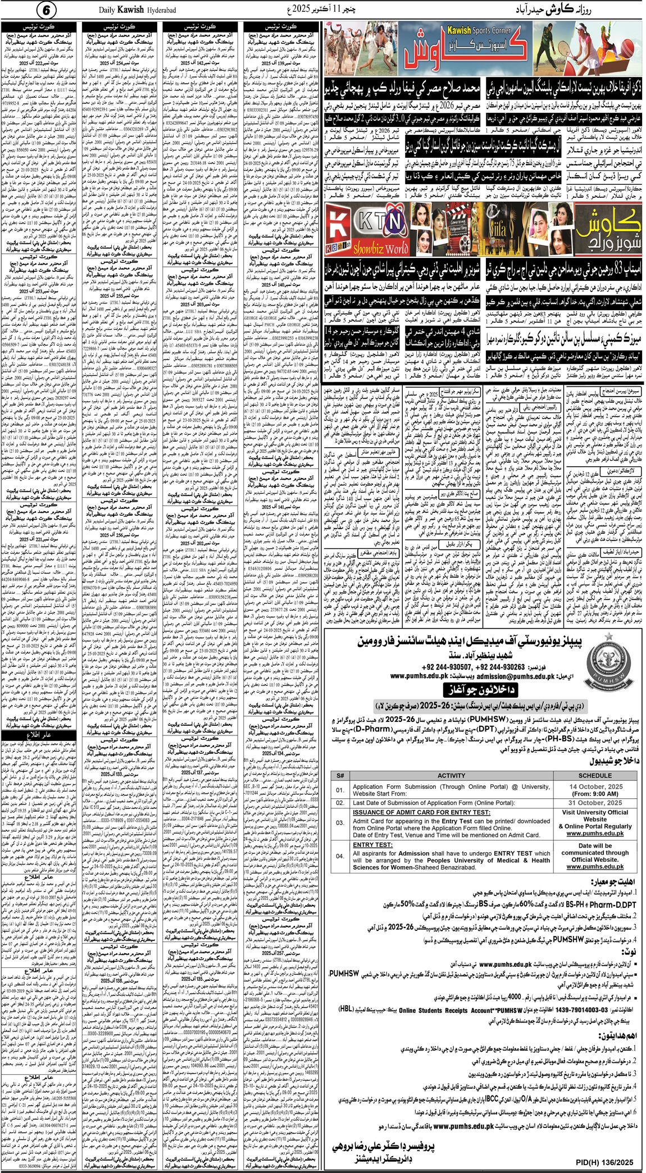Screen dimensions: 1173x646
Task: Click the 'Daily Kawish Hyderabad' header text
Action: [x=138, y=10]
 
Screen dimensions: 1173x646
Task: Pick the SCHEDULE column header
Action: [x=595, y=776]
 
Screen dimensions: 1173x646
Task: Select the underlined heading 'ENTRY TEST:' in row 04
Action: [x=372, y=845]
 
